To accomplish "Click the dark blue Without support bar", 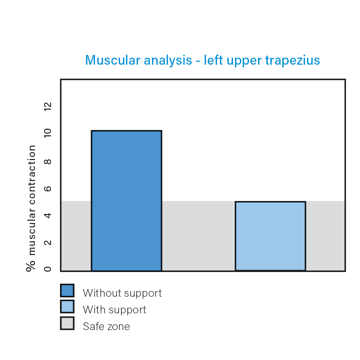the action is (127, 201).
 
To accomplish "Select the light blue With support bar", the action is (270, 236).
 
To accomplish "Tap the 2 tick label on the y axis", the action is (48, 242).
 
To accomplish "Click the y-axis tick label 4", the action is (48, 215).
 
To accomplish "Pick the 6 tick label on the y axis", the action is (48, 189).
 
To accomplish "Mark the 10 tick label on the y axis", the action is (48, 133).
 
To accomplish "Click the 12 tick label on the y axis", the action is (48, 107).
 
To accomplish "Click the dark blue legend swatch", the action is (67, 290).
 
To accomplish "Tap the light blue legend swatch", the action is (67, 307).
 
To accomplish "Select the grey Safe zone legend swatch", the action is (67, 323).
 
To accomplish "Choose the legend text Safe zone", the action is (107, 326).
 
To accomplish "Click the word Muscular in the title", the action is (113, 60).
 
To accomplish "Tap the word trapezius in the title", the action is (293, 61).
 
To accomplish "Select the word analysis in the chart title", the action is (168, 61).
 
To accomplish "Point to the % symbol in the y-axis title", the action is (31, 266).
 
